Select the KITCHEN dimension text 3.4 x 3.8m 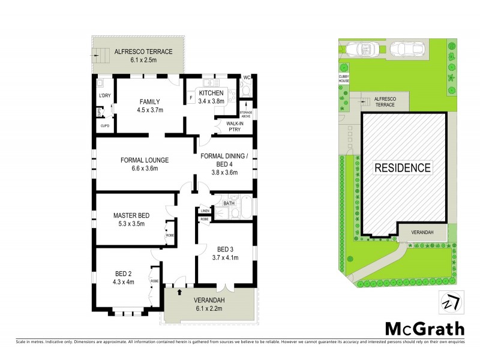(211, 101)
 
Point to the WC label (247, 77)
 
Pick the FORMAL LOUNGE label (144, 160)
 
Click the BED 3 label (224, 249)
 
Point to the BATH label (229, 203)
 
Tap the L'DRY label (103, 97)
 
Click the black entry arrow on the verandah (180, 293)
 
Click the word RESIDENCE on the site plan (403, 167)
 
